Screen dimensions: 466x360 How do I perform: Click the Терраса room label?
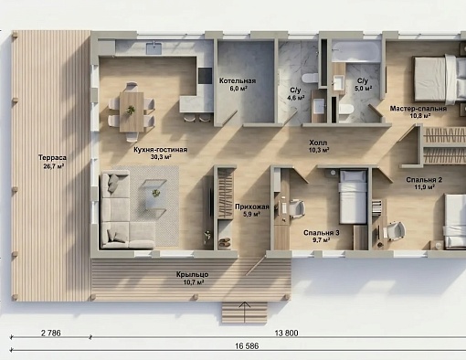52,157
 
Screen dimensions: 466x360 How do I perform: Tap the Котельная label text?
238,81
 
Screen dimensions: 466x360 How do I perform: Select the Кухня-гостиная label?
161,150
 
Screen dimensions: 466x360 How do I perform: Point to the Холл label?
318,143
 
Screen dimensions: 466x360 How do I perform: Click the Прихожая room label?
252,206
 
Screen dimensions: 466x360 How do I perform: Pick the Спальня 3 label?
322,233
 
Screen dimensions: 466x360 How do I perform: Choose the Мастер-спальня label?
418,109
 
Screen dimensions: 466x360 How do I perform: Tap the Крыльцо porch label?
193,275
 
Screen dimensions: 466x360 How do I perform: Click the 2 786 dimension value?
51,334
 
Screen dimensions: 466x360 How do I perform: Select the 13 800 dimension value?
286,334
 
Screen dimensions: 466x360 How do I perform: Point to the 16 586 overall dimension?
247,346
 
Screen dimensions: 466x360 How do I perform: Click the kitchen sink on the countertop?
154,48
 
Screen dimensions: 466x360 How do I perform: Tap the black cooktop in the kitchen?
205,76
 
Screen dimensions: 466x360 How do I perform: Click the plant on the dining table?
131,110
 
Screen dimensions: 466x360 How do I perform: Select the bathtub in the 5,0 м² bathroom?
356,51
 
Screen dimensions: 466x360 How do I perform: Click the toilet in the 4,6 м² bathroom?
310,78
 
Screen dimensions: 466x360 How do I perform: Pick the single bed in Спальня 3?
353,196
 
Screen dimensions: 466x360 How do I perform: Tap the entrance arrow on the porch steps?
244,312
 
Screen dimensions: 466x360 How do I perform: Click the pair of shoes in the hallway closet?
225,242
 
